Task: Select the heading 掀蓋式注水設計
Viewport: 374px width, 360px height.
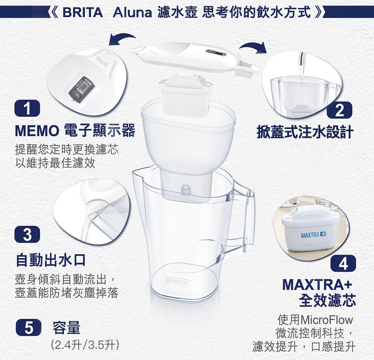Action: coord(304,132)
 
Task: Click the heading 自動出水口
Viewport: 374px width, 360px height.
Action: coord(50,259)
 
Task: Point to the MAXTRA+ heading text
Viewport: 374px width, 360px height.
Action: coord(317,285)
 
